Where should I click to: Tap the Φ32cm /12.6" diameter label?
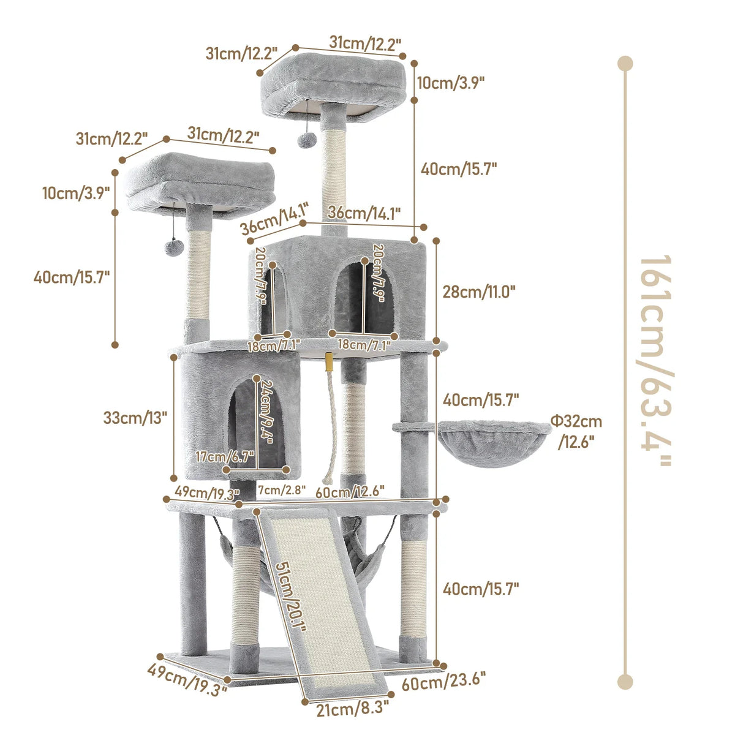[x=575, y=431]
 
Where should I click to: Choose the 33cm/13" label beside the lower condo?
[x=135, y=418]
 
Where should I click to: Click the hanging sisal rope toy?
[x=331, y=423]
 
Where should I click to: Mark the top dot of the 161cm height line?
[x=625, y=63]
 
